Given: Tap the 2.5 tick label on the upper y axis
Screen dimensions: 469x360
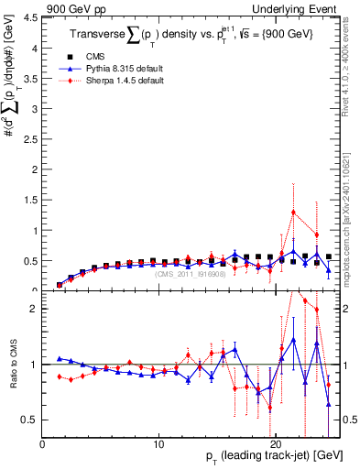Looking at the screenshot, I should [31, 138].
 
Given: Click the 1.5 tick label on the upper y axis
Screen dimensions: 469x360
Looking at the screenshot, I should [31, 200].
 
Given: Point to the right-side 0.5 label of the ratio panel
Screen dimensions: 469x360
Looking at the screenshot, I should [350, 420].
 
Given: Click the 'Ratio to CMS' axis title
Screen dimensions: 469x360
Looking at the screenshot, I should [12, 366].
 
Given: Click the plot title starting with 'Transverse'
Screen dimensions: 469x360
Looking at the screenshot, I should [192, 34].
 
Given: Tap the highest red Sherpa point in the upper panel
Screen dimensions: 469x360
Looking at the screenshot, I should [293, 213].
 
